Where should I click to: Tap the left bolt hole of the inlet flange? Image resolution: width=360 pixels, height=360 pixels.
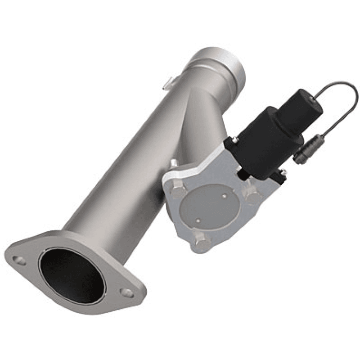(19, 260)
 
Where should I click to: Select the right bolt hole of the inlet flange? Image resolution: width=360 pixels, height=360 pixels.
(128, 293)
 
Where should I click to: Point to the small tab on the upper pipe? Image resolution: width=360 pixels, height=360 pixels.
(168, 82)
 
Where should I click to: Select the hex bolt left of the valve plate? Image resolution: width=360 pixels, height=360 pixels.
(178, 191)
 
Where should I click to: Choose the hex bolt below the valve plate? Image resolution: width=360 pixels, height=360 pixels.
(203, 243)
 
